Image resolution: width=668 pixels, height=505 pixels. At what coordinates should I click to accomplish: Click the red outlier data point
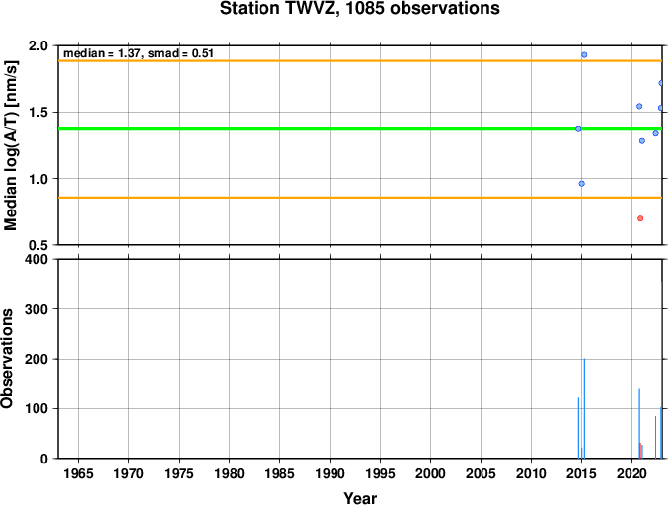[640, 218]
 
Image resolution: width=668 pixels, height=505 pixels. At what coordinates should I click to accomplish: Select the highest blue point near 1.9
[584, 55]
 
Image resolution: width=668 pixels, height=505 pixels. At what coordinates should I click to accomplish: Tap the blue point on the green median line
[578, 129]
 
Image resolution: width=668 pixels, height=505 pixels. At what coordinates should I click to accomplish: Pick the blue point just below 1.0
[581, 184]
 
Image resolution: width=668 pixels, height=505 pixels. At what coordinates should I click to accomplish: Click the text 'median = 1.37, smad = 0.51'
[138, 53]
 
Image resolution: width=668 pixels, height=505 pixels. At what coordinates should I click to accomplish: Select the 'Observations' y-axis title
[7, 359]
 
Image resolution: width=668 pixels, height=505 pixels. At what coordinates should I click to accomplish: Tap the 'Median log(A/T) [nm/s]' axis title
[10, 145]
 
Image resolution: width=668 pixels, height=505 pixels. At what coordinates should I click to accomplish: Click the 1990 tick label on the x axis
[330, 473]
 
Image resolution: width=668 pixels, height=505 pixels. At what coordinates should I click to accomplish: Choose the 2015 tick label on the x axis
[581, 473]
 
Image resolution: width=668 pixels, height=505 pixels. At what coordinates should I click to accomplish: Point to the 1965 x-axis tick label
[78, 473]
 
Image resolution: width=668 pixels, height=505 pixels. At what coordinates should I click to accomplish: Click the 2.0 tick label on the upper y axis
[38, 45]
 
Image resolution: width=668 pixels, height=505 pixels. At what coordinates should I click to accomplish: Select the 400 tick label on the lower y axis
[37, 259]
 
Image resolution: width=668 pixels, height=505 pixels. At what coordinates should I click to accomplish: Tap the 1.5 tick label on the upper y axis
[38, 113]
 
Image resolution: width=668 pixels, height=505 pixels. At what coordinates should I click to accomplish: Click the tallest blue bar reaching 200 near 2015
[584, 408]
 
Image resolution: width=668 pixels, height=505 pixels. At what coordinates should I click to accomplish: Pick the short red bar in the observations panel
[640, 451]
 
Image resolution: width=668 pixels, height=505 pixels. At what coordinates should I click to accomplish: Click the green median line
[360, 128]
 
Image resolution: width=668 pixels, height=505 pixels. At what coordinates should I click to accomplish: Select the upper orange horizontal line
[360, 61]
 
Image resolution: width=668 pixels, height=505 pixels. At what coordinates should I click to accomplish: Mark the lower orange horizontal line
[360, 198]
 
